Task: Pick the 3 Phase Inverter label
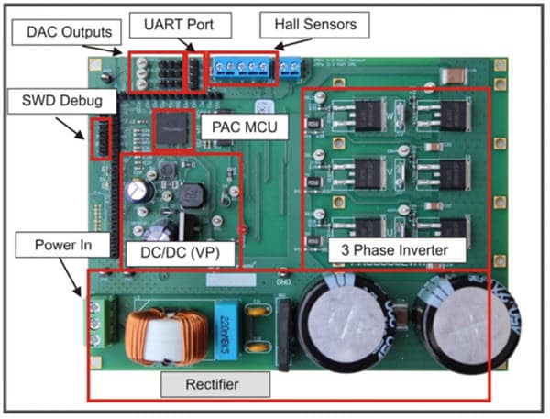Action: [x=396, y=248]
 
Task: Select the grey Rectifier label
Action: [x=214, y=384]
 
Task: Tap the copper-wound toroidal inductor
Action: [x=162, y=336]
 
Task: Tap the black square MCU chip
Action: [x=171, y=128]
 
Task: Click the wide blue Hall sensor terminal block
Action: [x=242, y=67]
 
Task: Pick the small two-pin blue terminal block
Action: [x=291, y=67]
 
